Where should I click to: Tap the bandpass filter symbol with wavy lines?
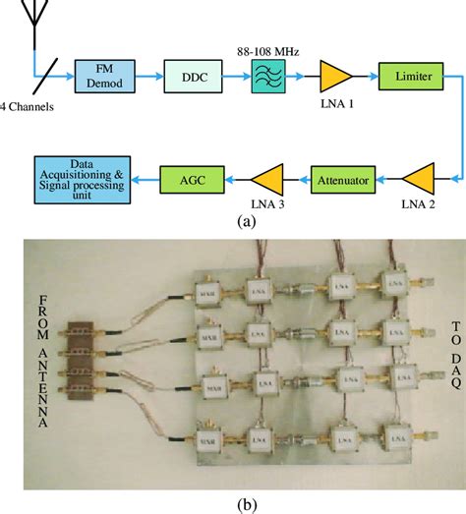coord(265,75)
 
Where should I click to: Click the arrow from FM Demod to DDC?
coord(146,75)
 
